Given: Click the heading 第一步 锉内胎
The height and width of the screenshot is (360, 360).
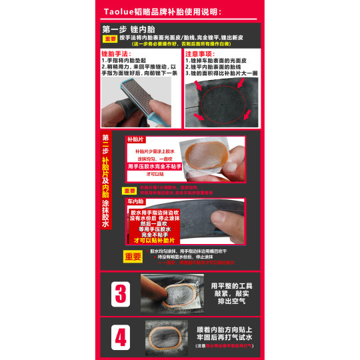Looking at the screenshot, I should tap(129, 30).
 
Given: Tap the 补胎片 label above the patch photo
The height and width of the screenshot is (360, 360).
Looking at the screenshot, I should tap(135, 141).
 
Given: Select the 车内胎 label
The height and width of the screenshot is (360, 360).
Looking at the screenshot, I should tap(135, 201).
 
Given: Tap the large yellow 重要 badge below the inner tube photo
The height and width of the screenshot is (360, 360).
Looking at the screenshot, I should tap(133, 257).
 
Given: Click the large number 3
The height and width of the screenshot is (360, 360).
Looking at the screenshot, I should tap(121, 293).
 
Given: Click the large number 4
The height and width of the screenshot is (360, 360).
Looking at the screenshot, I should tap(121, 337).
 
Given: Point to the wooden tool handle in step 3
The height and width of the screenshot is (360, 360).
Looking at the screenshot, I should tap(151, 287).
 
